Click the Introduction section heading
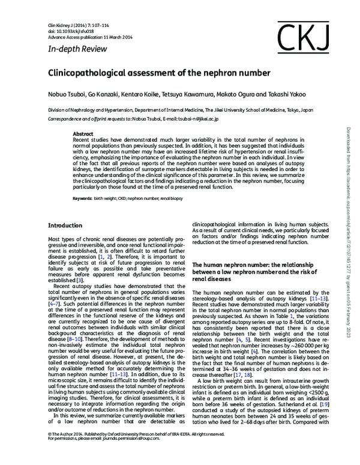[x=66, y=226]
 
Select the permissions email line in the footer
[x=111, y=454]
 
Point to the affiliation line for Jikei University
[x=180, y=111]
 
